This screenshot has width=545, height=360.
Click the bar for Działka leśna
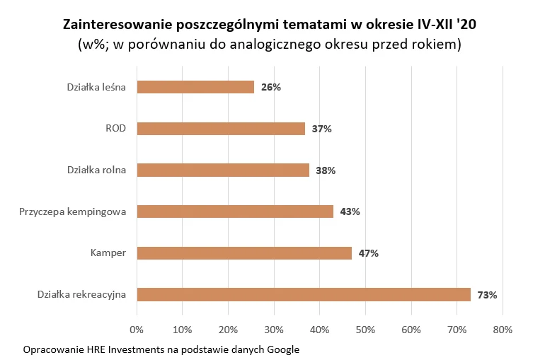pos(195,87)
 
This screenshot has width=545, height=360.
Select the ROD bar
pos(221,129)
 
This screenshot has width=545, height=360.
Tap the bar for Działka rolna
pos(223,170)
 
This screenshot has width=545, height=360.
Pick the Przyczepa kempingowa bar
pos(235,211)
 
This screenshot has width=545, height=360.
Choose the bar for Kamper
pos(244,253)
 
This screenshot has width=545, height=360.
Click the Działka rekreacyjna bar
pos(304,295)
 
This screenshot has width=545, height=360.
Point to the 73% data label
pos(487,295)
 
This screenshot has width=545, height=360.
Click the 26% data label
pos(271,88)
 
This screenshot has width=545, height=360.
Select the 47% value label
pos(368,253)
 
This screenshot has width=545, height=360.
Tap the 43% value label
pos(350,211)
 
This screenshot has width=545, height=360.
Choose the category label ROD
pos(115,129)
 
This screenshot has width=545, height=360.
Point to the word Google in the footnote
pos(283,349)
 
